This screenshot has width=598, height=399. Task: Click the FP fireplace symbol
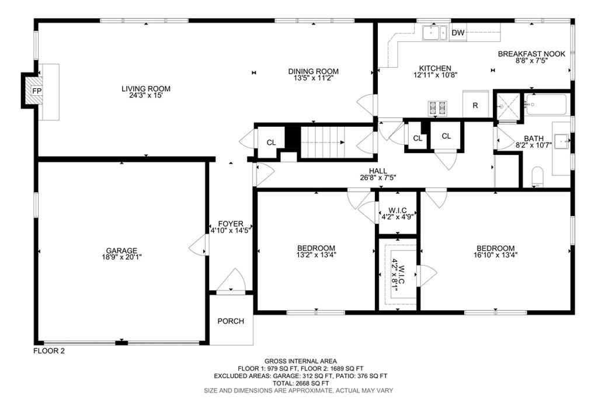pos(36,92)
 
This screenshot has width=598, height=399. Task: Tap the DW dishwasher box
pos(458,33)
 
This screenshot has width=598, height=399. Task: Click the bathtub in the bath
pos(545,105)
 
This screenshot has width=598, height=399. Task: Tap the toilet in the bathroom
pos(538,176)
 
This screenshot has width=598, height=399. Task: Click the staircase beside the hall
pos(323,141)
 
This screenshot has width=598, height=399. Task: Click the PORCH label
pos(231,321)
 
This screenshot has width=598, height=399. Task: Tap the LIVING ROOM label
pos(145,89)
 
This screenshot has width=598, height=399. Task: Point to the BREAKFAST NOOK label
pos(531,54)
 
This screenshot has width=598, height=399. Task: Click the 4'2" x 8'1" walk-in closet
pos(398,272)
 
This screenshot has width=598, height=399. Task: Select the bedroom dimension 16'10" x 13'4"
pos(495,255)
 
